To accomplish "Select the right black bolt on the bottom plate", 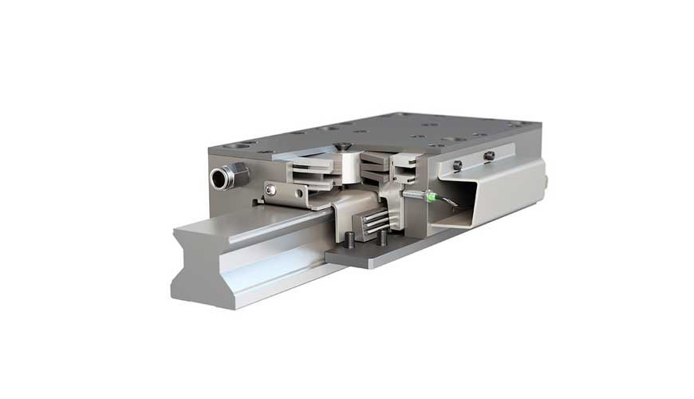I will tap(381, 237).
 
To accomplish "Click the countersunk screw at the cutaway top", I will tap(341, 146).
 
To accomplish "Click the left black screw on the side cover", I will tap(456, 165).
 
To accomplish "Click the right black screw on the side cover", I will tap(489, 156).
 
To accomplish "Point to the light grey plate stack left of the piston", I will tap(307, 169).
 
